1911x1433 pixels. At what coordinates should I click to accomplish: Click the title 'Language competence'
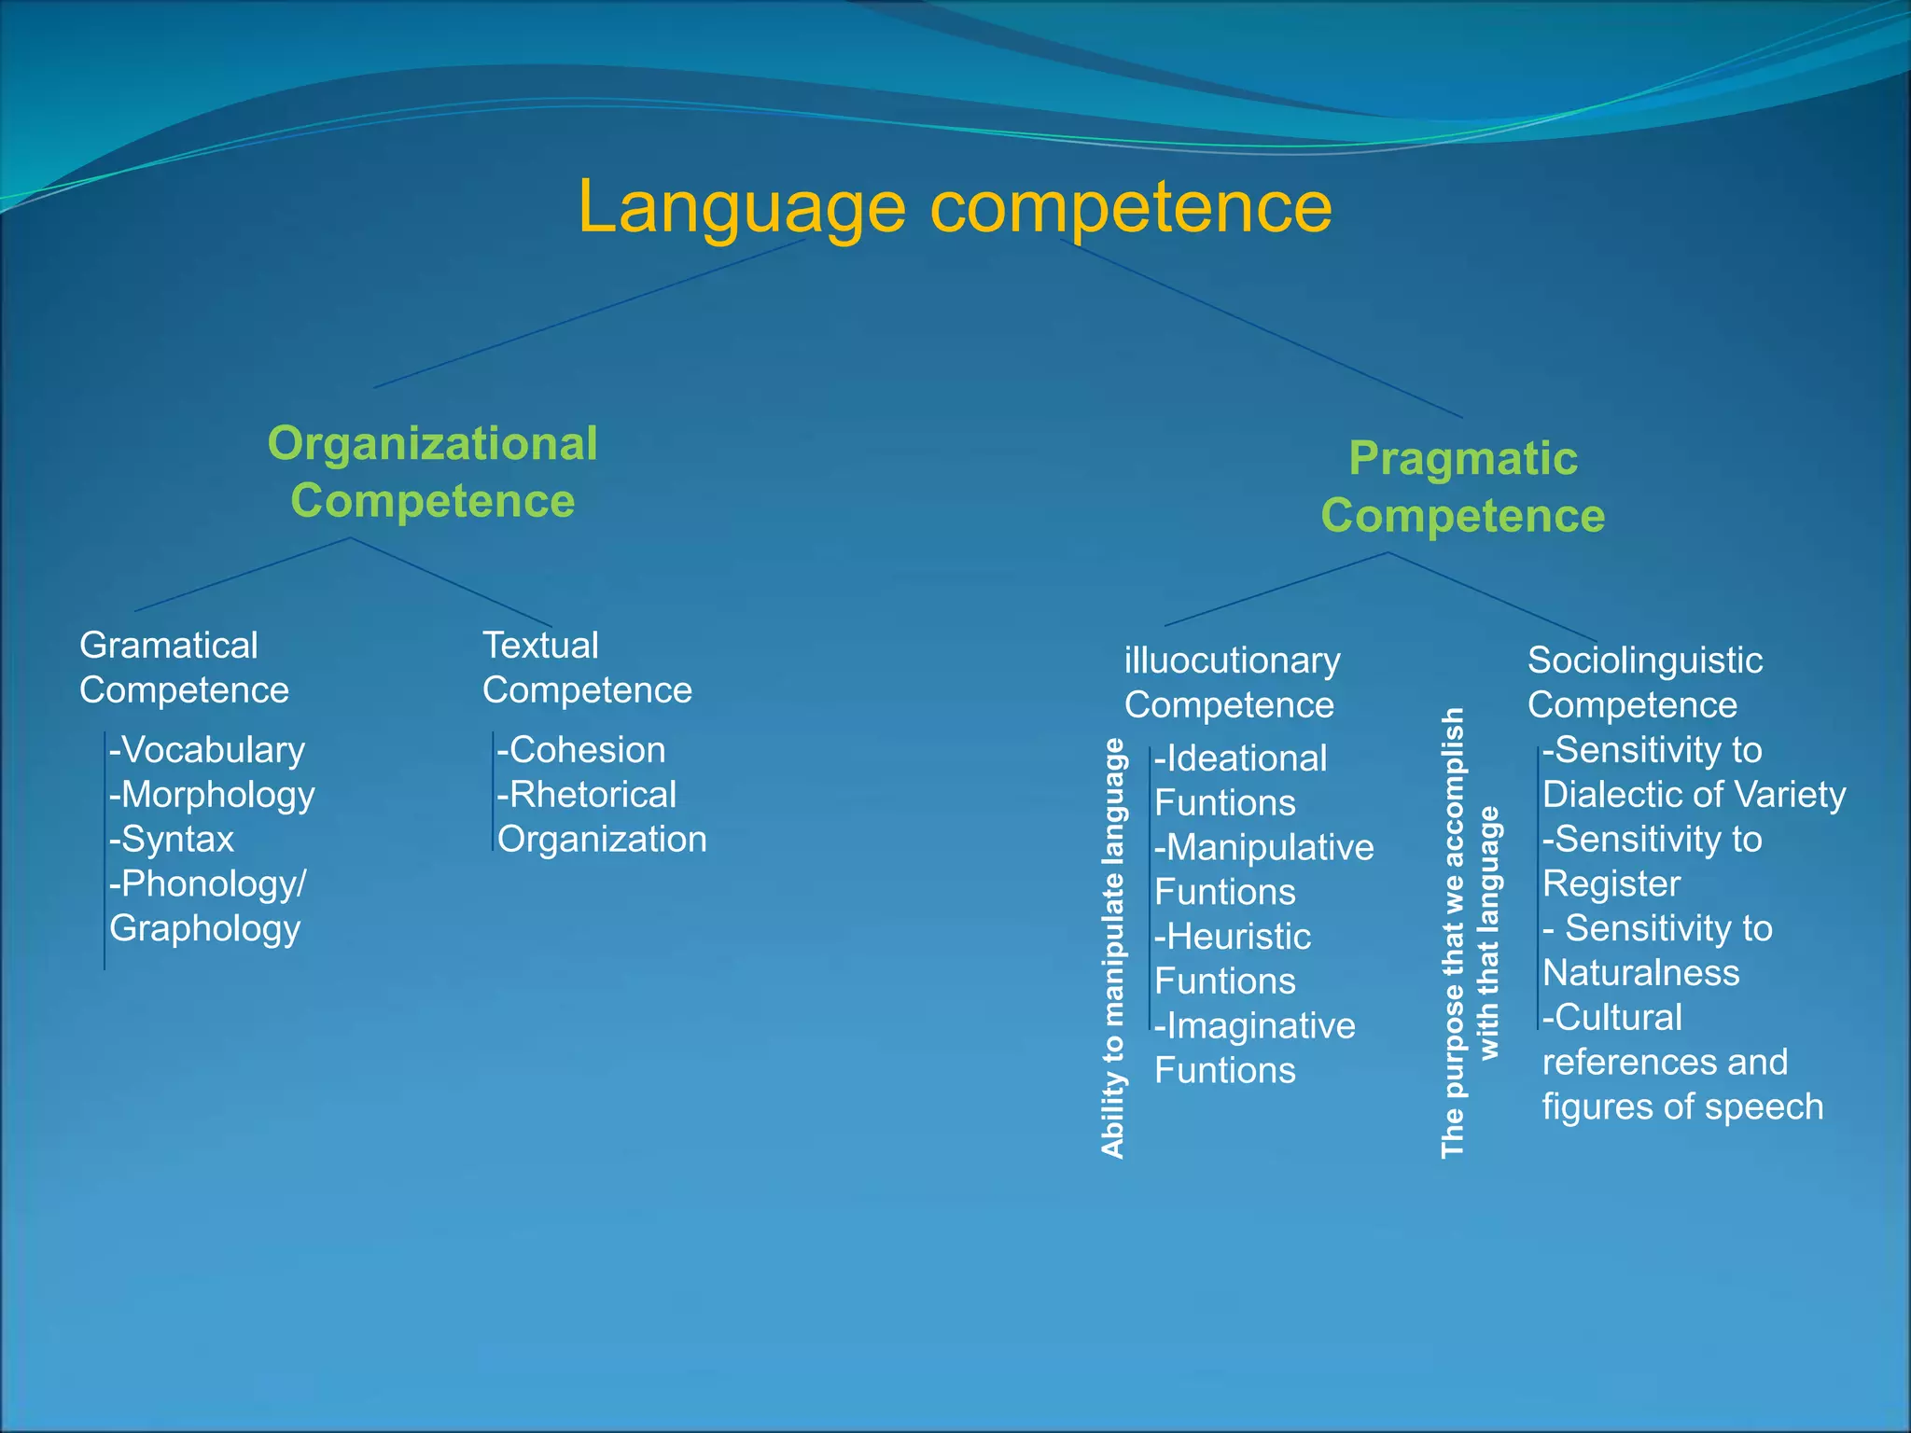(x=955, y=207)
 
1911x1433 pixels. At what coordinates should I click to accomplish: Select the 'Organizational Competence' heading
(x=432, y=472)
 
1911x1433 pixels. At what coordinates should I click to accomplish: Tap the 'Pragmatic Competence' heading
(x=1462, y=487)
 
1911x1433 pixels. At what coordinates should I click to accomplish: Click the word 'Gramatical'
(x=168, y=646)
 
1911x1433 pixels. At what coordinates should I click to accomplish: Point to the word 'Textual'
(x=539, y=646)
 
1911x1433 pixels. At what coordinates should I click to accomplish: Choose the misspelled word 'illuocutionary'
(x=1232, y=661)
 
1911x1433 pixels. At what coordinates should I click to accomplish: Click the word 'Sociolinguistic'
(x=1644, y=661)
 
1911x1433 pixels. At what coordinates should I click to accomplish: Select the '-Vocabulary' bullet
(x=207, y=750)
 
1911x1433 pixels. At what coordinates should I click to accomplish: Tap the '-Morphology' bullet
(x=212, y=795)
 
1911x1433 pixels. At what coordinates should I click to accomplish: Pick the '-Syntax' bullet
(x=172, y=840)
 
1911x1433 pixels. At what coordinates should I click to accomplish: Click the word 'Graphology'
(x=204, y=929)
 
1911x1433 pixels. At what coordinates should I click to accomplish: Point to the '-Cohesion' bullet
(x=581, y=750)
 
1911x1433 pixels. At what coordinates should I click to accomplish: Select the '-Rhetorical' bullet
(x=586, y=795)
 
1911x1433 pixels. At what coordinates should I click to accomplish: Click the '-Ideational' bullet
(x=1240, y=758)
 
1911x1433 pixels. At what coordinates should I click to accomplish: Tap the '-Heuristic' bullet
(x=1233, y=937)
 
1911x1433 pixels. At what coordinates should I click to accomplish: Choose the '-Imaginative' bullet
(x=1255, y=1026)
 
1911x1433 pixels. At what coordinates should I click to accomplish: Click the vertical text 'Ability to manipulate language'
(x=1112, y=948)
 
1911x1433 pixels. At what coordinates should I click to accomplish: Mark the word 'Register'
(x=1611, y=883)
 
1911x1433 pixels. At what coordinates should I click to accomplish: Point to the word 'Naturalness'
(x=1640, y=973)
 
